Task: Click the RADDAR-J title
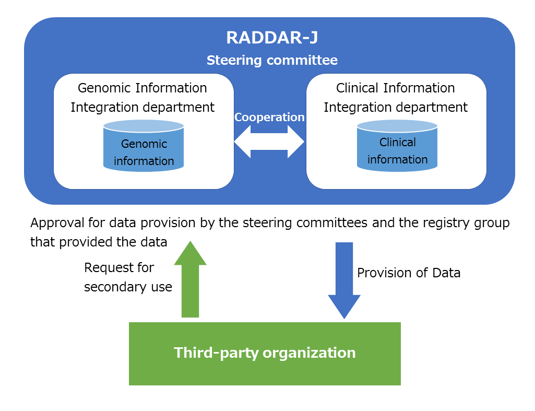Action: click(x=272, y=38)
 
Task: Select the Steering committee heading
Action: click(x=272, y=61)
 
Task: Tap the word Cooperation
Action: click(x=269, y=118)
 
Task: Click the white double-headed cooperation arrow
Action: click(x=269, y=142)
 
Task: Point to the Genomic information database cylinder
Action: click(x=144, y=145)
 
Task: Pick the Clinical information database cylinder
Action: click(x=397, y=145)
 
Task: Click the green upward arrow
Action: click(x=191, y=279)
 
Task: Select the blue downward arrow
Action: click(x=344, y=280)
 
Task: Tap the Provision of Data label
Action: click(x=409, y=273)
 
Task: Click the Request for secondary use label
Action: click(x=128, y=277)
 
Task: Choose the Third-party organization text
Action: click(x=265, y=353)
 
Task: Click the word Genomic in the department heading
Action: click(x=104, y=88)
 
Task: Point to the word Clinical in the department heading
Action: click(x=357, y=88)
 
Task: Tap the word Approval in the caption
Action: click(x=57, y=223)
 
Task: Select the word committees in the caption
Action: click(x=332, y=223)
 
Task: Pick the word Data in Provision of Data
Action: click(x=446, y=273)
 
